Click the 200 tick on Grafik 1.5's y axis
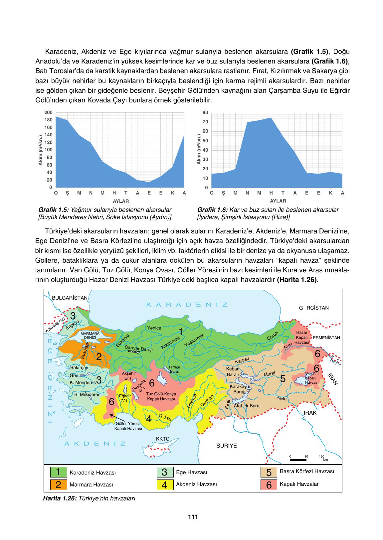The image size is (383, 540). (x=48, y=112)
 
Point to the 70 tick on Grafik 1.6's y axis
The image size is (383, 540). (x=205, y=122)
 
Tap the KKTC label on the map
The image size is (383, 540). (x=163, y=439)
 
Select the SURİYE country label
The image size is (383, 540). (x=227, y=446)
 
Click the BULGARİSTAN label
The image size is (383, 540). (x=70, y=298)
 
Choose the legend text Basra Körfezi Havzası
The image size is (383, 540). (x=306, y=472)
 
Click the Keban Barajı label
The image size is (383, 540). (x=233, y=371)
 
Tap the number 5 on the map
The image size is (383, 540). (x=283, y=378)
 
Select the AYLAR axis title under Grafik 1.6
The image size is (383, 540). (x=278, y=201)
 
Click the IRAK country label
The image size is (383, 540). (x=310, y=413)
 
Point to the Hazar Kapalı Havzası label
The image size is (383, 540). (x=301, y=337)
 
